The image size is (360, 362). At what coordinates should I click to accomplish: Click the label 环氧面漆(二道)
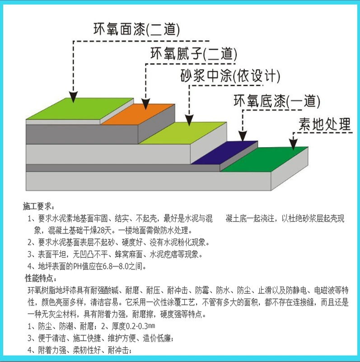pyautogui.click(x=136, y=30)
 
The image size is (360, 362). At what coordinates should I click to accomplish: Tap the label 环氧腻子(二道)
pyautogui.click(x=193, y=54)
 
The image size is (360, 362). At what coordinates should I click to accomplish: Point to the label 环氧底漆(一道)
pyautogui.click(x=276, y=101)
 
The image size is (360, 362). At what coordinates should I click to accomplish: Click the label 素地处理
pyautogui.click(x=324, y=123)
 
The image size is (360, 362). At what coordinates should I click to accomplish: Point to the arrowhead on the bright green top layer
pyautogui.click(x=73, y=96)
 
